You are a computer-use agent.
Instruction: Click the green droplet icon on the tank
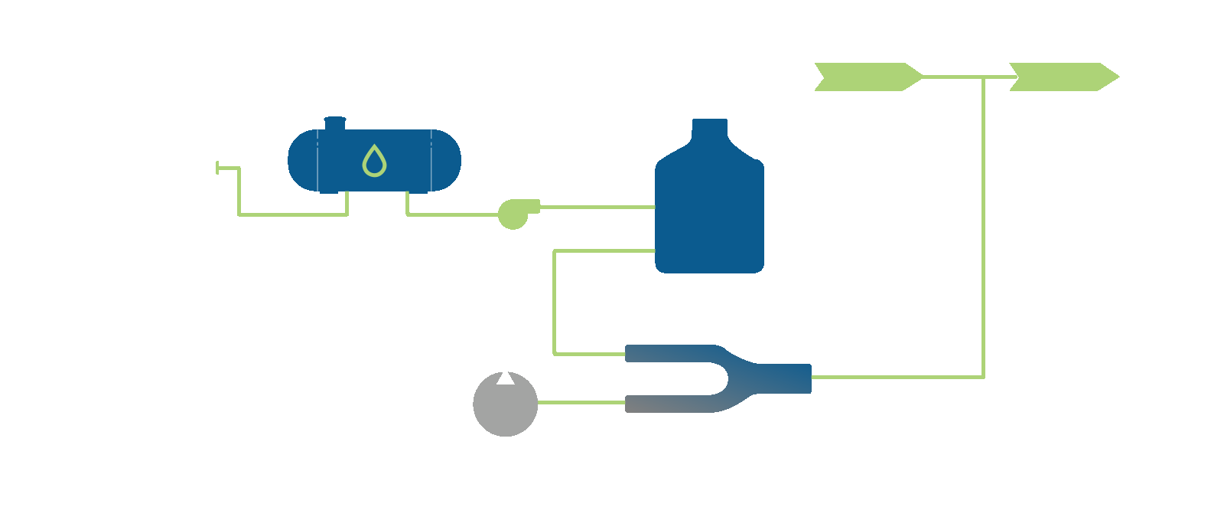pos(374,161)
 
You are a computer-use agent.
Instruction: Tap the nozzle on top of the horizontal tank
pos(335,123)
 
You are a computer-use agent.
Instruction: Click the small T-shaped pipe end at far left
pos(218,168)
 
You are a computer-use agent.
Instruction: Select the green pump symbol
pos(513,214)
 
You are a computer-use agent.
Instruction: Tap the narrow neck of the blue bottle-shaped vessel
pos(710,130)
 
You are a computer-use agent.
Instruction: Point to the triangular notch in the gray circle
pos(506,378)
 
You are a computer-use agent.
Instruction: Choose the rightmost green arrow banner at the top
pos(1063,77)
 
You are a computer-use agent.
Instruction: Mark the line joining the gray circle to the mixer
pos(581,402)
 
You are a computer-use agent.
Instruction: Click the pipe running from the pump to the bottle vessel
pos(597,207)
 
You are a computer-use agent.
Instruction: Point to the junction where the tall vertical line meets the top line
pos(984,77)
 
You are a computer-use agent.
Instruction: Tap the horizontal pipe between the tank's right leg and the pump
pos(451,214)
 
